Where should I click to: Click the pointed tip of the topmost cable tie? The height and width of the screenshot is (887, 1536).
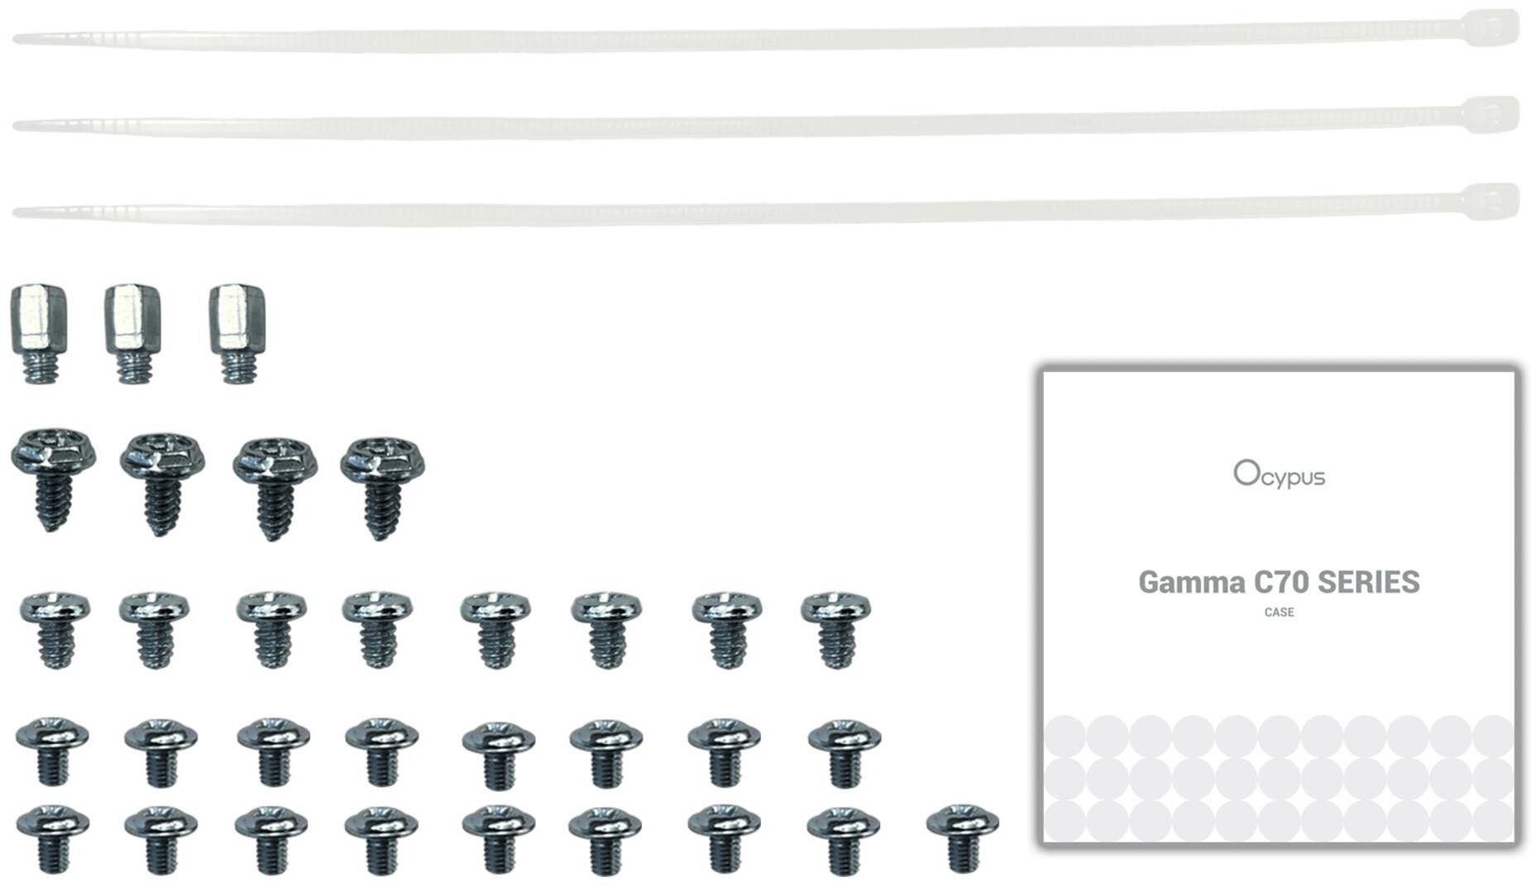coord(15,38)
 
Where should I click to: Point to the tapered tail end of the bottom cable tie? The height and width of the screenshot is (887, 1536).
coord(15,213)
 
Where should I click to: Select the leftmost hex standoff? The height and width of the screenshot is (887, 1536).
coord(39,333)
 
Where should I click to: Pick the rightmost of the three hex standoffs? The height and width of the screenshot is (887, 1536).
coord(237,333)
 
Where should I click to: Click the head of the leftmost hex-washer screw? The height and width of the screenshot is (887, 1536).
coord(53,452)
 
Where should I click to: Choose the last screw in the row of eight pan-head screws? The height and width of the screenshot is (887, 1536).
coord(835,628)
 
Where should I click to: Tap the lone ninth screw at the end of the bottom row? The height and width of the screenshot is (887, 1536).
coord(963,837)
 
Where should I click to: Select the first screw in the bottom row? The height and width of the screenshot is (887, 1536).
coord(53,839)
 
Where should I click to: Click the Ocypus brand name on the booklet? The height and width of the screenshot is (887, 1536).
coord(1279,474)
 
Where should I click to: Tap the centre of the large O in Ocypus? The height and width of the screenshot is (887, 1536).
coord(1246,473)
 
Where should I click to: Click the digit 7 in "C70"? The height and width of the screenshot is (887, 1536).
coord(1283,582)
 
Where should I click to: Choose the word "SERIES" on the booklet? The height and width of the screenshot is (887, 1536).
coord(1368,582)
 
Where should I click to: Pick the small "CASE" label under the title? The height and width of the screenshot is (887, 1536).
coord(1279,613)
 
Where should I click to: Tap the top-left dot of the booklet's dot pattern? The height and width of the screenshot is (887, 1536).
coord(1065,736)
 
